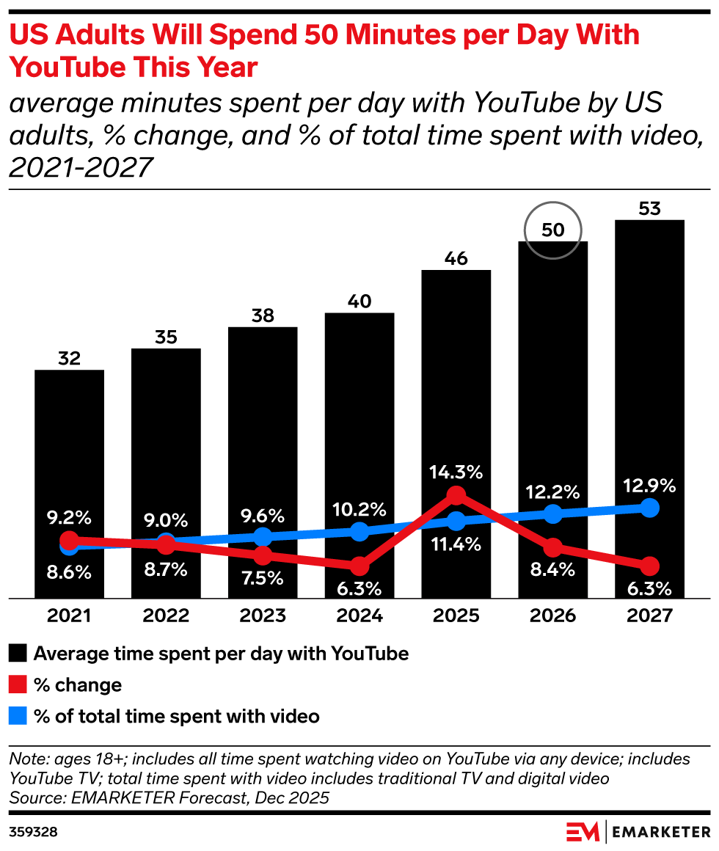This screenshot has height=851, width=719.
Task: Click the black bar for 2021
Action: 70,483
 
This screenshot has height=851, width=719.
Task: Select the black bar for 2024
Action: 359,456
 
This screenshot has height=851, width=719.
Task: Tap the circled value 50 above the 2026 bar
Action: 553,230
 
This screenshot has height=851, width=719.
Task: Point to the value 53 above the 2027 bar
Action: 649,208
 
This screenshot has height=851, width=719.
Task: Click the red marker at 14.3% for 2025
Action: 456,495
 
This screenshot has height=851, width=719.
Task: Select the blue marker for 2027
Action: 649,508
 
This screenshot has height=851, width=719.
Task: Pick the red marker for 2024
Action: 359,566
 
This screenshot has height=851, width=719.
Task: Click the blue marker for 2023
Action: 263,537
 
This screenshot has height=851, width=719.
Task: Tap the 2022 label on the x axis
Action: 166,616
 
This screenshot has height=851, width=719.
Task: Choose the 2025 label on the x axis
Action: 456,616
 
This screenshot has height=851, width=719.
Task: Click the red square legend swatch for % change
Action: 18,685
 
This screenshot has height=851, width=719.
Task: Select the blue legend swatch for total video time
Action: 18,716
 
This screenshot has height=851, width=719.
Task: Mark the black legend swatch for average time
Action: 18,654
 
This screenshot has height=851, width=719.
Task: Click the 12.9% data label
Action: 649,485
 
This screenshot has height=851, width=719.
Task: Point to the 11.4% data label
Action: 456,544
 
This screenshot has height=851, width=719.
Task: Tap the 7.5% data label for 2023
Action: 263,578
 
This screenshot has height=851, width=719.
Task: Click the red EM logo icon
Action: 583,831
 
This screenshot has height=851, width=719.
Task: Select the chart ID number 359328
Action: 33,832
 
